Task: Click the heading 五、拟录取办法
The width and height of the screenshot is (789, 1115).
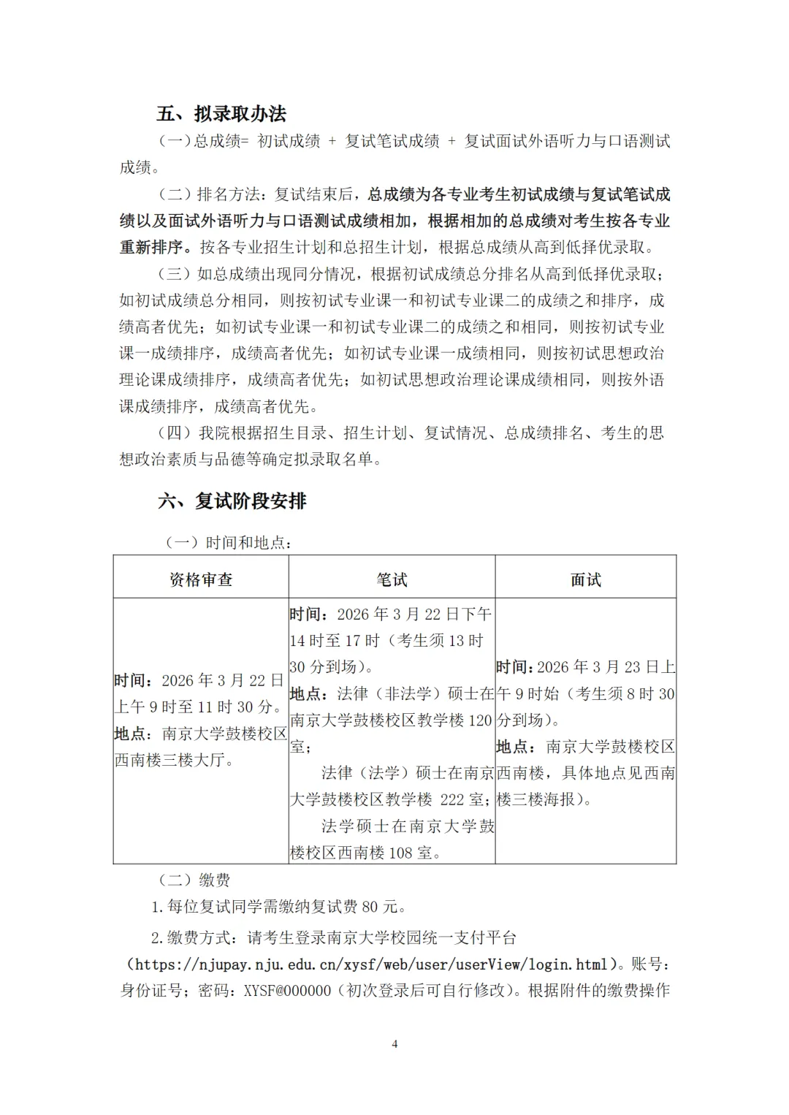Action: click(x=221, y=114)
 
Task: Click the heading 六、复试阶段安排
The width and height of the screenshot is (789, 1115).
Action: click(x=232, y=501)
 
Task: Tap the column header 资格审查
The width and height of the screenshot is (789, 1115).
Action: click(x=201, y=580)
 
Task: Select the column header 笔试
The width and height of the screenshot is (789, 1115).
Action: click(x=392, y=580)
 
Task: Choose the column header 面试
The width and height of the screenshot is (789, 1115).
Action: click(x=586, y=580)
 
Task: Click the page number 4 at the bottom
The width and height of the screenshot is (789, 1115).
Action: click(x=395, y=1044)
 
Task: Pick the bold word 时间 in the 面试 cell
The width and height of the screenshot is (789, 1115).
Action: click(x=512, y=667)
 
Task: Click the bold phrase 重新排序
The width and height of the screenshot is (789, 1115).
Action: click(x=151, y=247)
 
